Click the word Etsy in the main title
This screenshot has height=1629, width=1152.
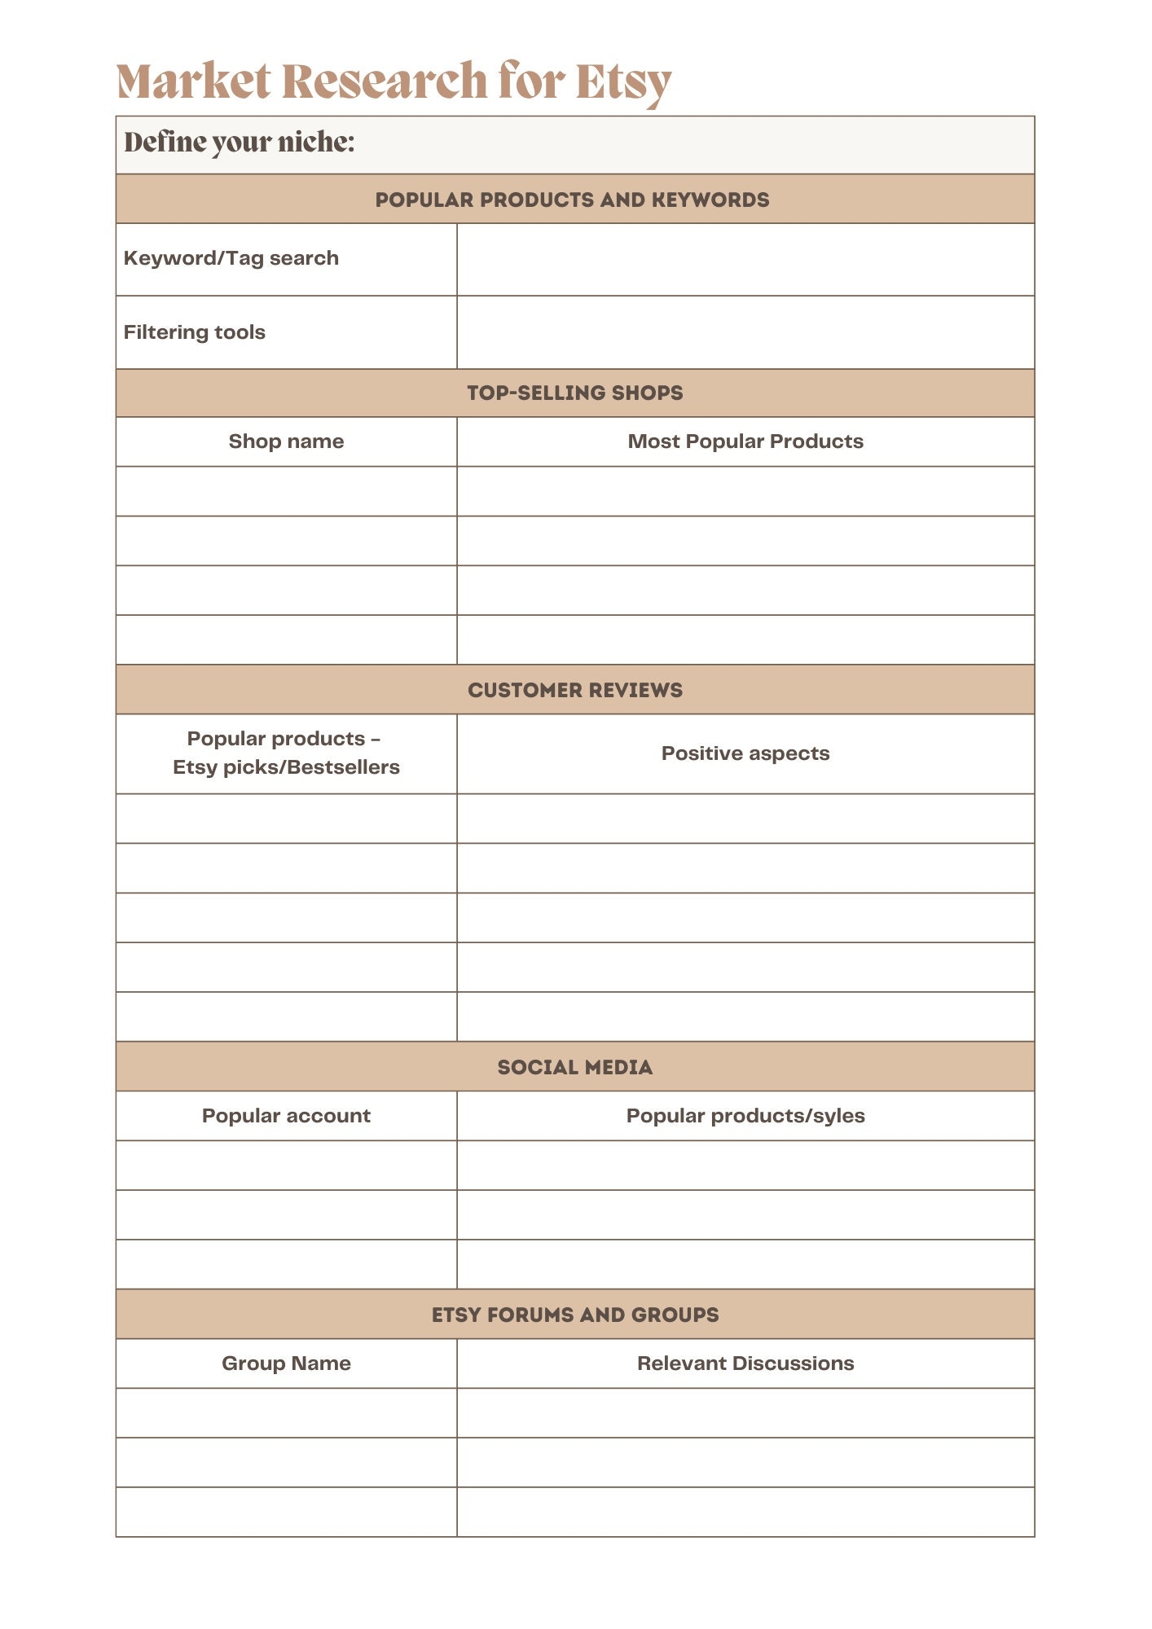pyautogui.click(x=622, y=81)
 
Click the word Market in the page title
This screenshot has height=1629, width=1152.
pyautogui.click(x=193, y=81)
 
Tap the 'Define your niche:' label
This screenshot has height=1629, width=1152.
pyautogui.click(x=239, y=143)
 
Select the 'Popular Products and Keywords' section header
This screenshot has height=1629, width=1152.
pyautogui.click(x=572, y=200)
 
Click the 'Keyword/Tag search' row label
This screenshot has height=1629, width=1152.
pyautogui.click(x=231, y=258)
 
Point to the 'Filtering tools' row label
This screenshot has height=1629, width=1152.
pyautogui.click(x=194, y=332)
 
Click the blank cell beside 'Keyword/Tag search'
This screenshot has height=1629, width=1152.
pyautogui.click(x=745, y=260)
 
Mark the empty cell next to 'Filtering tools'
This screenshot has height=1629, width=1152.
pyautogui.click(x=745, y=332)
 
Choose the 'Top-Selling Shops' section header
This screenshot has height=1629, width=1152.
pyautogui.click(x=574, y=393)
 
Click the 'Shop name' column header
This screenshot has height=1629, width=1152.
pyautogui.click(x=286, y=441)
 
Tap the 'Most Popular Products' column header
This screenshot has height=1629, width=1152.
pyautogui.click(x=745, y=441)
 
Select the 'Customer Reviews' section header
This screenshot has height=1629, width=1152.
pyautogui.click(x=574, y=690)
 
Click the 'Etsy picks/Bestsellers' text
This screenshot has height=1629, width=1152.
pyautogui.click(x=286, y=767)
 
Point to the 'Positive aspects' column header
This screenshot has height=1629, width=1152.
pyautogui.click(x=745, y=753)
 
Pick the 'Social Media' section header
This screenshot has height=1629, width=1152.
pyautogui.click(x=574, y=1067)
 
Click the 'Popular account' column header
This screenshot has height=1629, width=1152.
pyautogui.click(x=286, y=1116)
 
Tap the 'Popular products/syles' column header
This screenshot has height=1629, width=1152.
pyautogui.click(x=745, y=1116)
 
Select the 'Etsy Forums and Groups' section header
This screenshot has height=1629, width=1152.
pyautogui.click(x=574, y=1315)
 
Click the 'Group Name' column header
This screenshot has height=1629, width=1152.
pyautogui.click(x=286, y=1363)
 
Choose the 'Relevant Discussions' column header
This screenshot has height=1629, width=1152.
pyautogui.click(x=745, y=1363)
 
